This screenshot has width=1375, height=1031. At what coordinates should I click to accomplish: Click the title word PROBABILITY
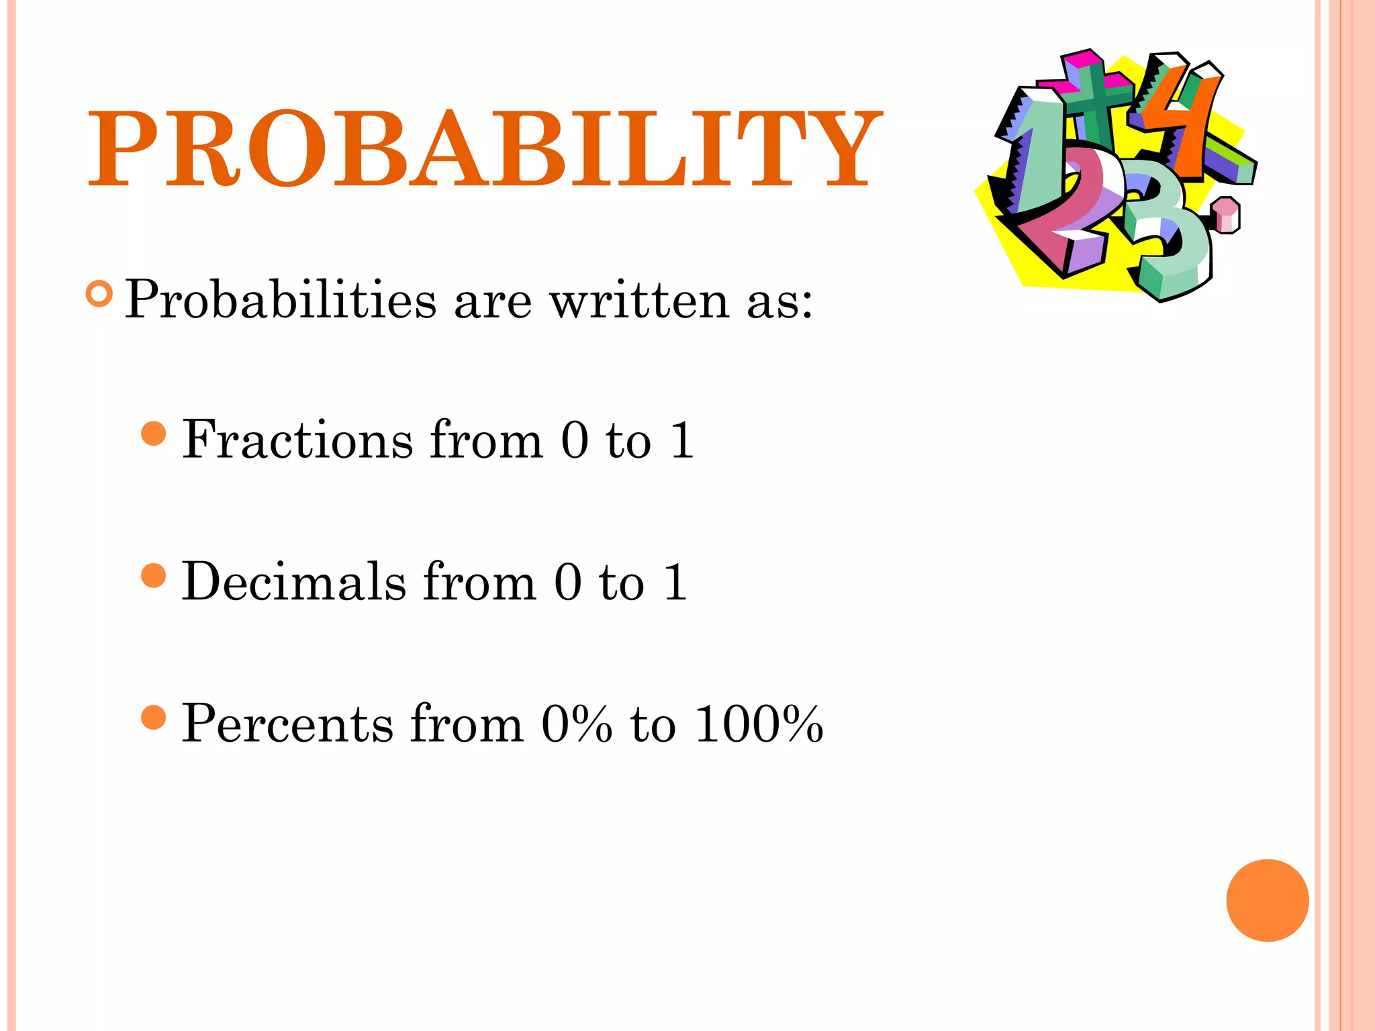(x=483, y=149)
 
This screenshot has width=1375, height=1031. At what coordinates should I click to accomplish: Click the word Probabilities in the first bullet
(x=281, y=299)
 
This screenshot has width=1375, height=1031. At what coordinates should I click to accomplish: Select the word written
(x=639, y=299)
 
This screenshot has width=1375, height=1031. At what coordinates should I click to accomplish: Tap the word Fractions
(x=297, y=440)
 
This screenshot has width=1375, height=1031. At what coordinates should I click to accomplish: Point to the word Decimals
(x=294, y=581)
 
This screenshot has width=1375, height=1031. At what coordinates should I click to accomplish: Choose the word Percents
(x=287, y=724)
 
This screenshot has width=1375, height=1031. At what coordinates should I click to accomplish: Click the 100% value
(x=759, y=724)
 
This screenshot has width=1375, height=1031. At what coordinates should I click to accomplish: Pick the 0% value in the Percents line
(x=577, y=724)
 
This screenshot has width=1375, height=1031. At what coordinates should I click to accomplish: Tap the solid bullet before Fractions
(x=154, y=434)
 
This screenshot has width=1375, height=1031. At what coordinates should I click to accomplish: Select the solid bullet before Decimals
(x=154, y=575)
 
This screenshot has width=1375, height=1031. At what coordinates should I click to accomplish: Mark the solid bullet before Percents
(x=154, y=717)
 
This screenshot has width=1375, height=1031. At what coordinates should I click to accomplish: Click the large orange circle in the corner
(x=1267, y=900)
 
